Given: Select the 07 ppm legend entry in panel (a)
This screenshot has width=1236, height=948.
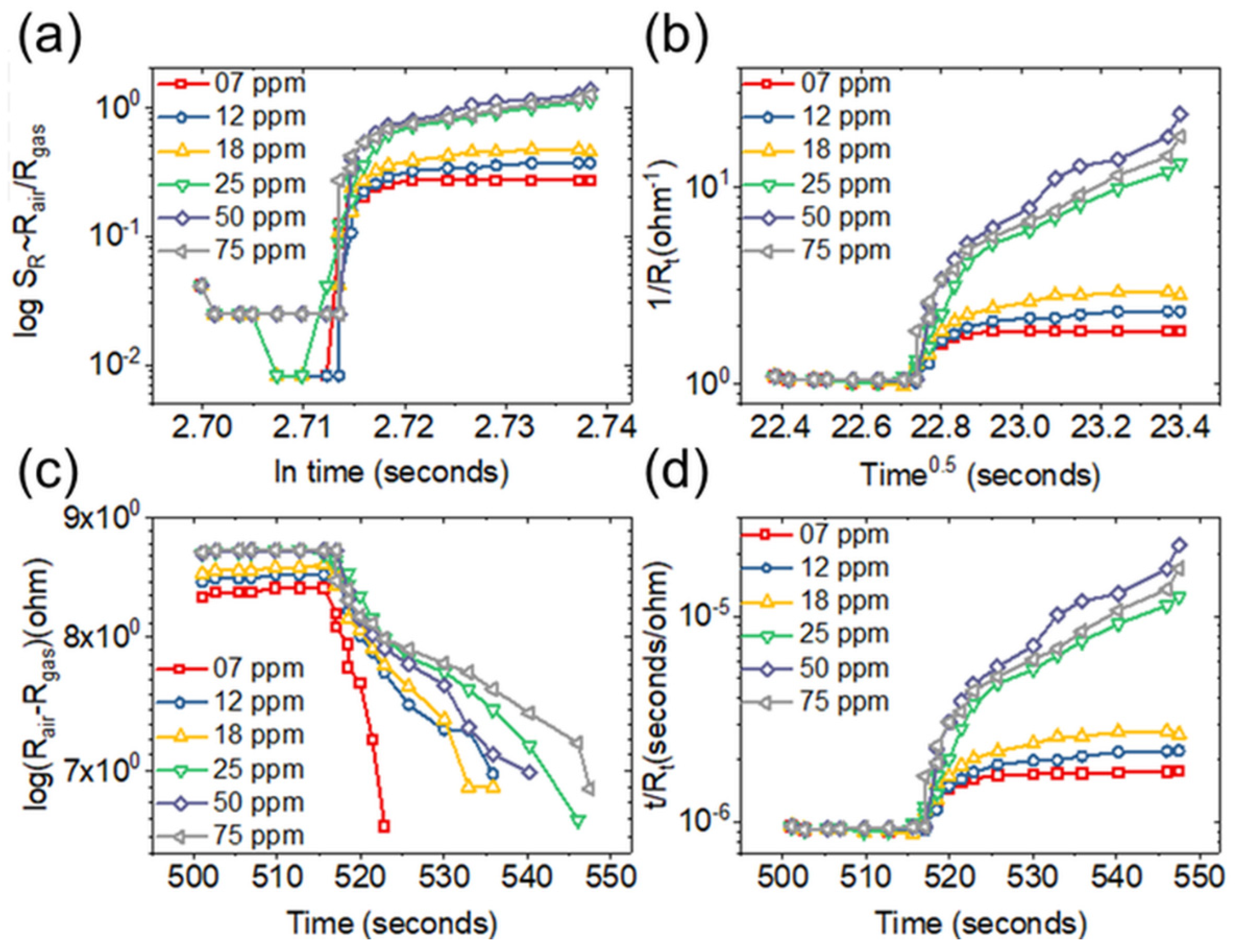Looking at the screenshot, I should click(x=260, y=83).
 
